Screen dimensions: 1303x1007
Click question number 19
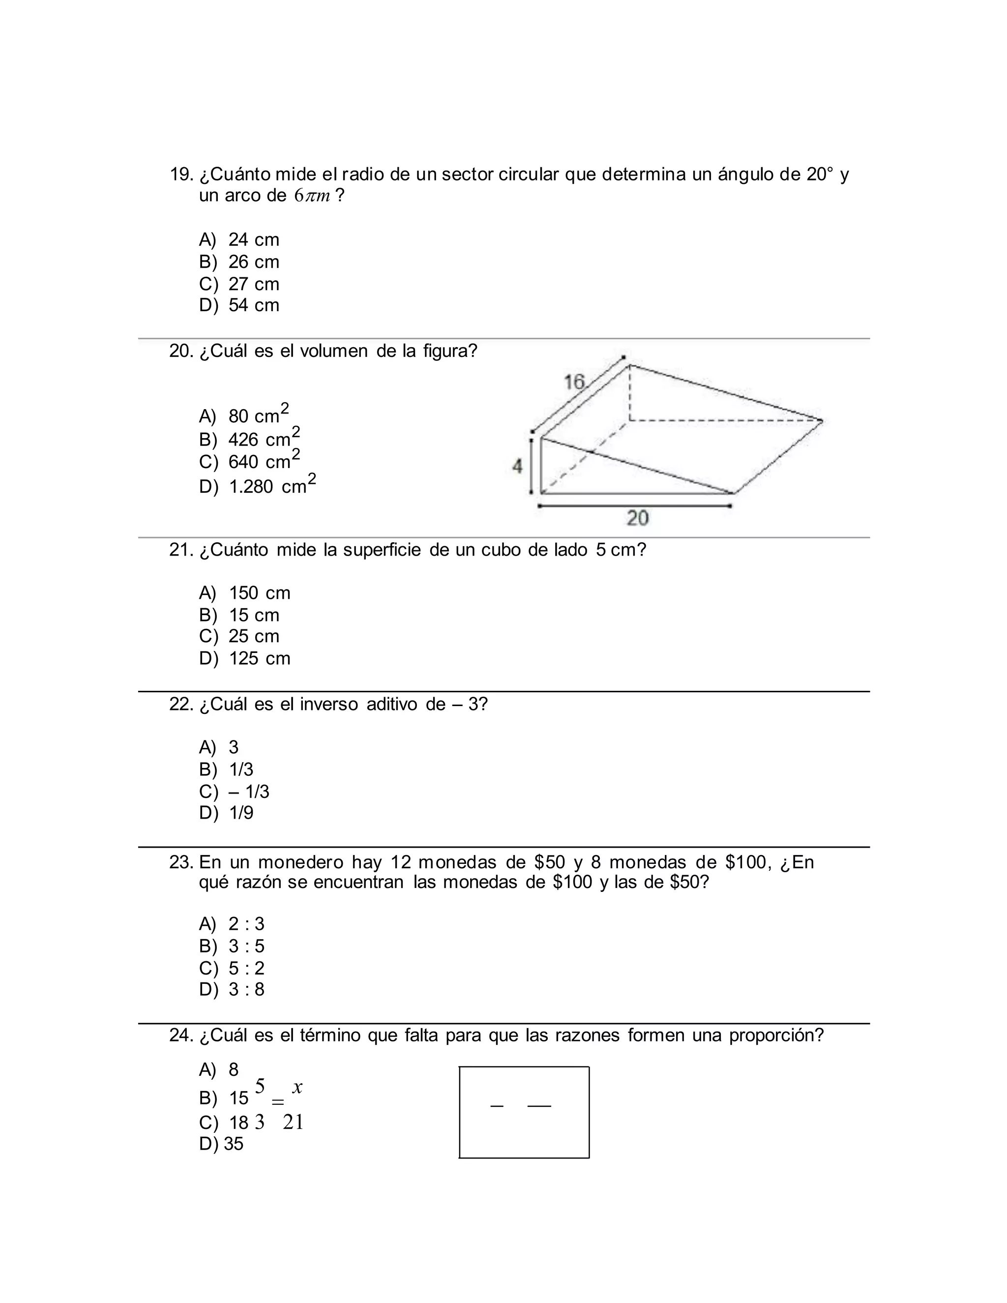(181, 175)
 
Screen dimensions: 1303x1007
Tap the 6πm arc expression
(312, 196)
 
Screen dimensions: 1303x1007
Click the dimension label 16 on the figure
(574, 382)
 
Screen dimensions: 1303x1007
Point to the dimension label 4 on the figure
(517, 467)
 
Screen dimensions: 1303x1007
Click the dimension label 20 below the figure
(637, 518)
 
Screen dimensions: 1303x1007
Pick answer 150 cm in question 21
(260, 593)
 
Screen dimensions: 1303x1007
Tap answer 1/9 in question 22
(241, 813)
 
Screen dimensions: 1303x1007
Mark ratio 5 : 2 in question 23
(246, 968)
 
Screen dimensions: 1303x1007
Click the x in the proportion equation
(297, 1088)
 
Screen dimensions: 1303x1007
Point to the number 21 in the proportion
(293, 1122)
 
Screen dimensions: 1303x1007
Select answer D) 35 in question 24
(221, 1144)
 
